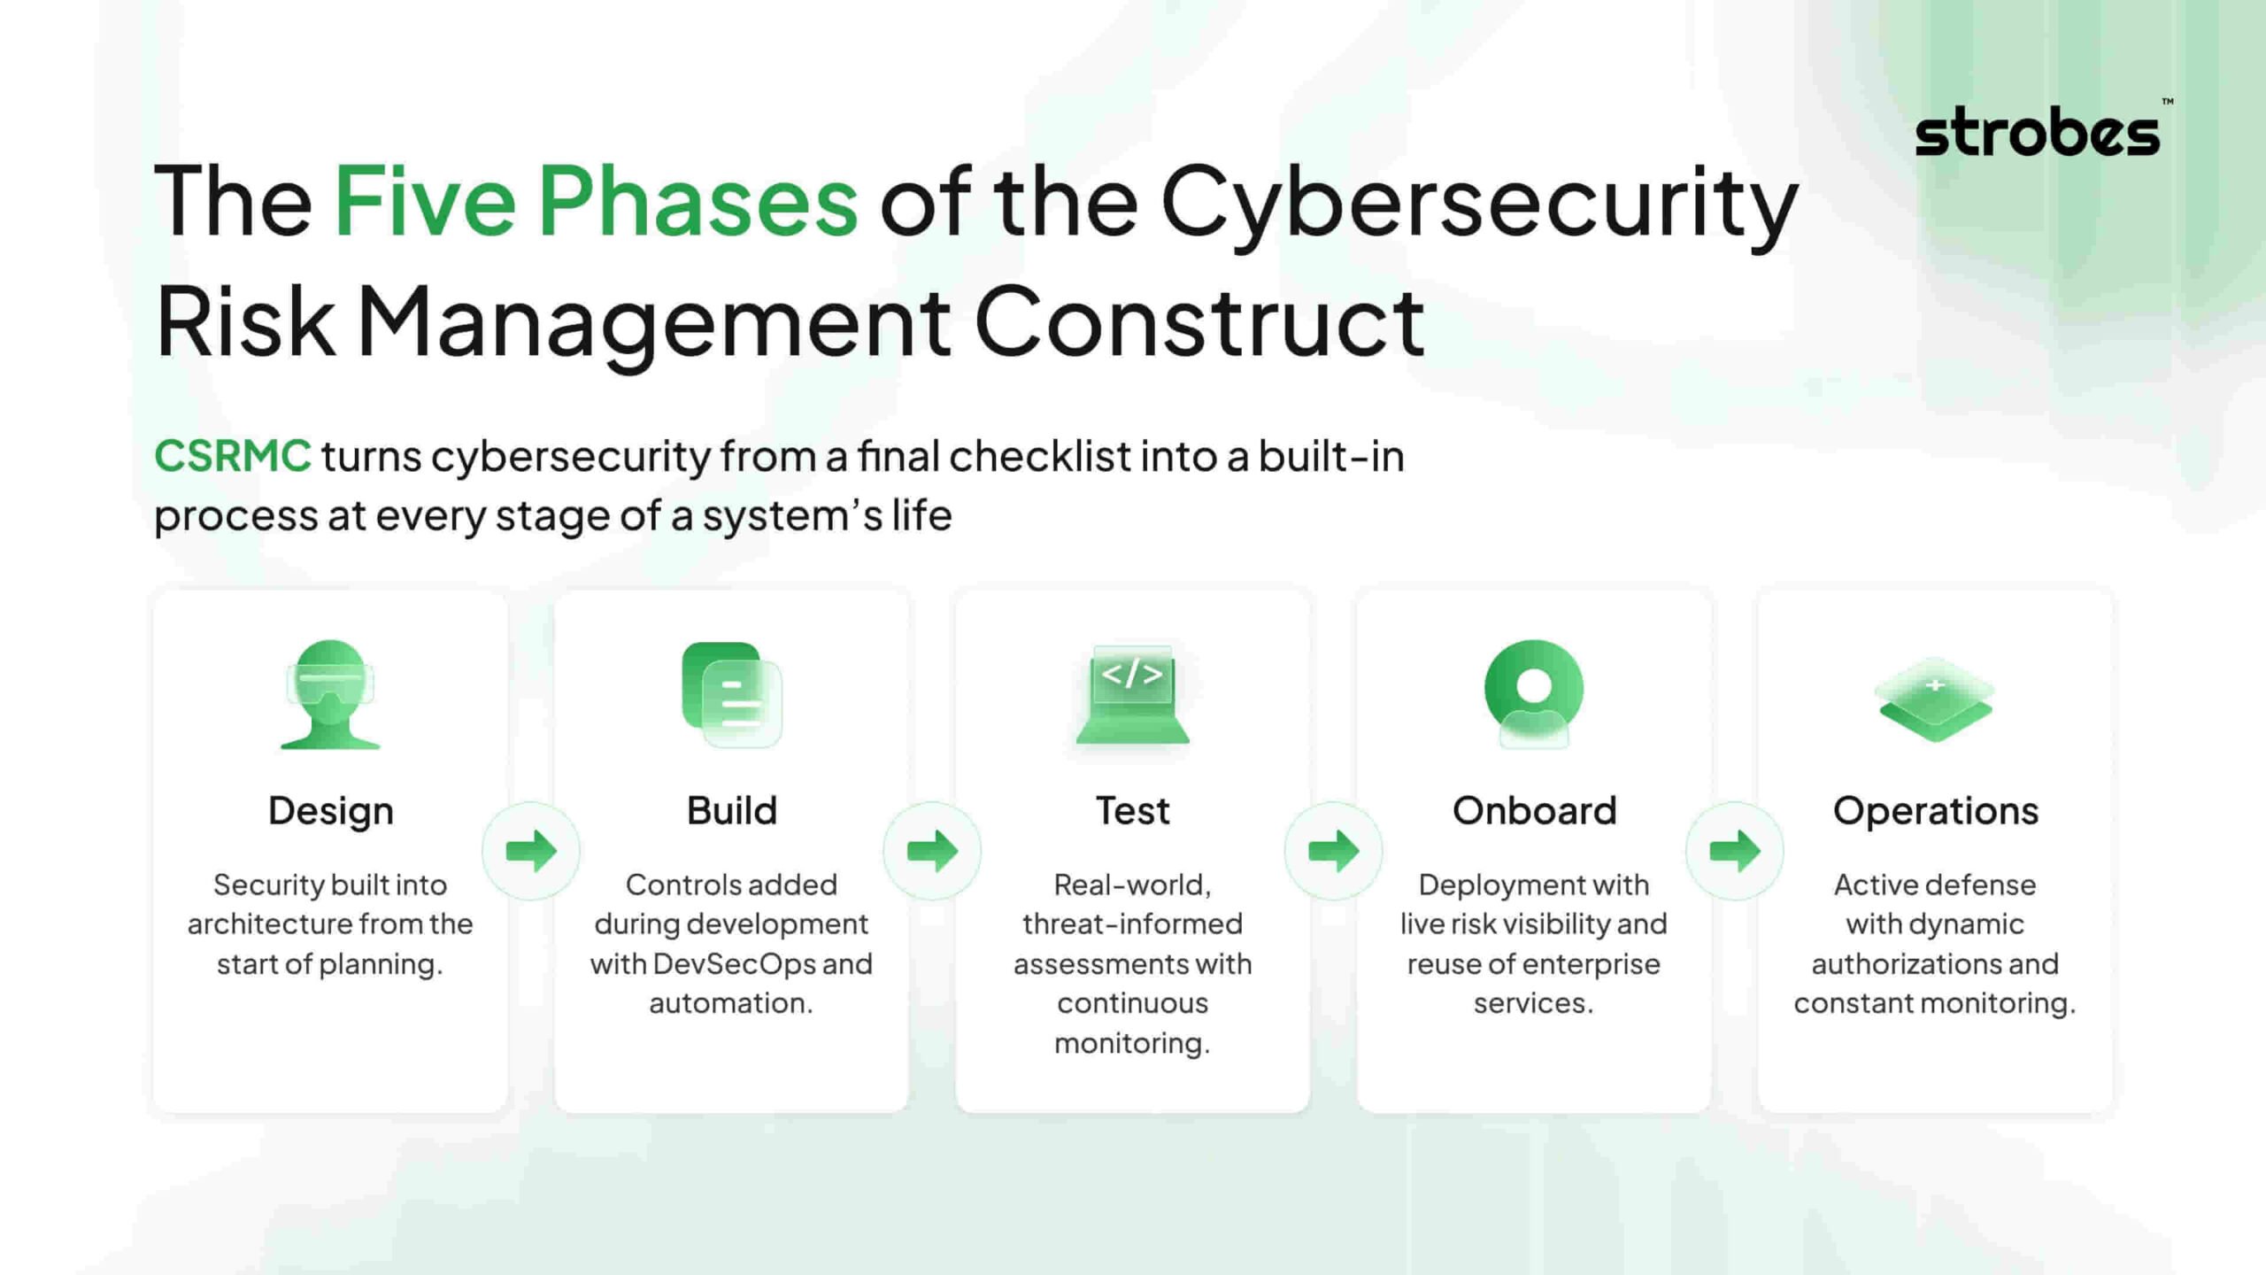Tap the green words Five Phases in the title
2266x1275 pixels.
[596, 201]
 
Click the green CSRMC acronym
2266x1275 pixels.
[233, 456]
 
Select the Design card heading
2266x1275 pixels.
[331, 812]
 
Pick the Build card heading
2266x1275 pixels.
[732, 810]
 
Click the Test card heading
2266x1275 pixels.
[1133, 810]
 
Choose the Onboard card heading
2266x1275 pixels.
[1534, 810]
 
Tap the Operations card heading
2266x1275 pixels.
[1936, 812]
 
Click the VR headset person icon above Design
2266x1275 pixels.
[330, 694]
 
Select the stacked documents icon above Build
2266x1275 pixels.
[732, 694]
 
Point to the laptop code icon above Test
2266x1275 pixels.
[1133, 694]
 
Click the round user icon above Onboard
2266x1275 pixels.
[1534, 694]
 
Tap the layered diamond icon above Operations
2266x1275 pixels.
[1936, 699]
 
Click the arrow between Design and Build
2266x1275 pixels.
[531, 851]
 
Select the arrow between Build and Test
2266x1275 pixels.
[932, 851]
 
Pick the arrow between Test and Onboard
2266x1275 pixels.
[1334, 851]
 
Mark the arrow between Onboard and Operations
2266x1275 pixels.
[1735, 851]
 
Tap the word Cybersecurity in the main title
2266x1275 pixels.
[1479, 205]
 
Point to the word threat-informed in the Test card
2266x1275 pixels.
[1133, 923]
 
